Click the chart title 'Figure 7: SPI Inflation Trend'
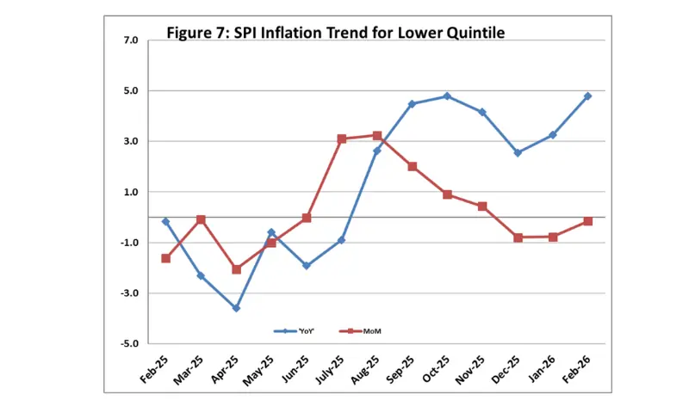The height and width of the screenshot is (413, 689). [336, 33]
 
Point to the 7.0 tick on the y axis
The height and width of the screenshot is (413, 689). [130, 40]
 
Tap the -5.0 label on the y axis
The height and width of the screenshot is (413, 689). [128, 344]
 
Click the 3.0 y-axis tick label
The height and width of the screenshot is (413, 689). [130, 141]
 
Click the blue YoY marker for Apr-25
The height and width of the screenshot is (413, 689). [236, 308]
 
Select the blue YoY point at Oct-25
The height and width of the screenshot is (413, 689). [447, 96]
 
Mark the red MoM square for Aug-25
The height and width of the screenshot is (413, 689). [377, 135]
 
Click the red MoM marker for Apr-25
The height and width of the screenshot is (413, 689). [236, 269]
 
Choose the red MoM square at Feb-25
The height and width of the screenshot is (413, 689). [165, 258]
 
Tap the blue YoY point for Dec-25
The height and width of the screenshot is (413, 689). [518, 153]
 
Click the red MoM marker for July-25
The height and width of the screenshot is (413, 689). [342, 139]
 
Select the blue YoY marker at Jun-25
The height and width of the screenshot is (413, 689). [307, 266]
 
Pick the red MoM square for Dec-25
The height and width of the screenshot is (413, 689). [518, 237]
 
